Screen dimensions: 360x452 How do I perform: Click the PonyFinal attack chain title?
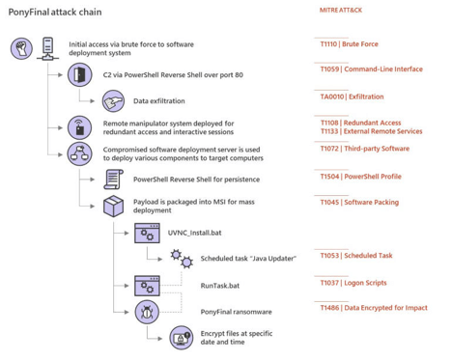56,11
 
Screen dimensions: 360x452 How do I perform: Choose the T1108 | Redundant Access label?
358,124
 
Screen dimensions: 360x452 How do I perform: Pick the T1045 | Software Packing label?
359,204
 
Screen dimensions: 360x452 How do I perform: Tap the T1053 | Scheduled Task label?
356,256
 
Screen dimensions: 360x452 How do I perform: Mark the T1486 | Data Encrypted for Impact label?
373,307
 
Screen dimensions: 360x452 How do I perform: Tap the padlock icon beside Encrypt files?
181,337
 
